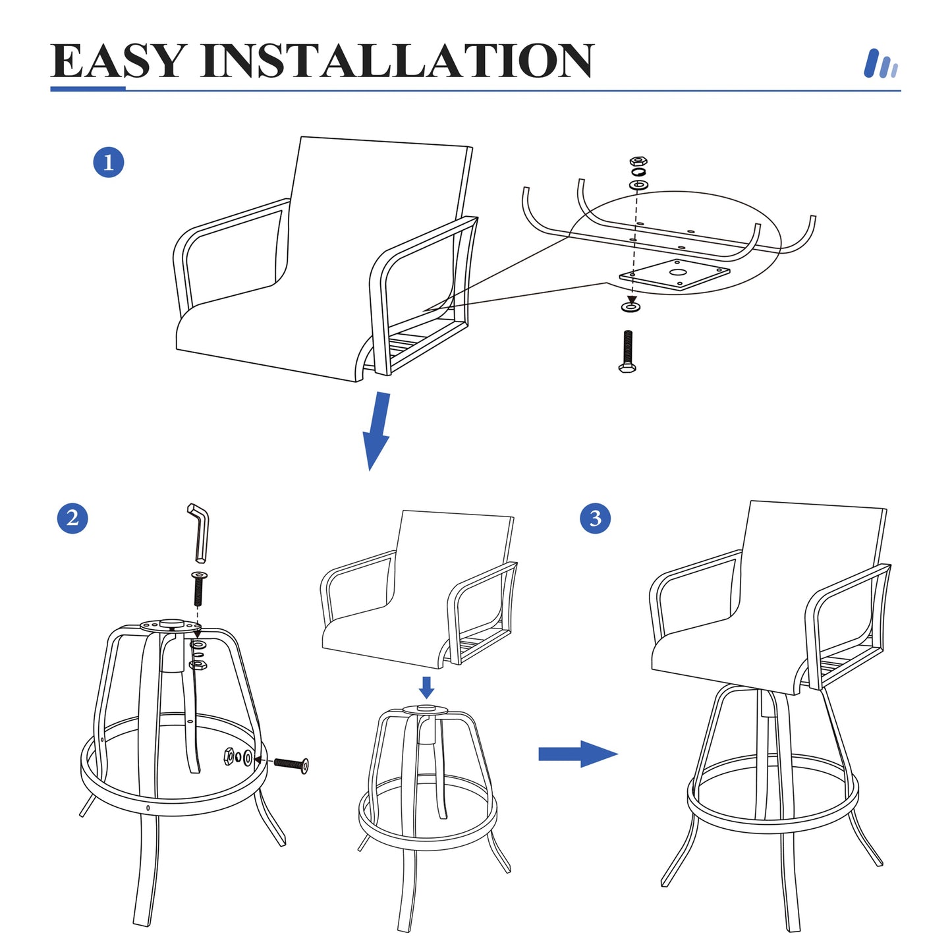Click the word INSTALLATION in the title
point(397,61)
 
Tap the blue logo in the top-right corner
point(880,65)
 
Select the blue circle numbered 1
point(109,162)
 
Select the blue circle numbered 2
point(72,518)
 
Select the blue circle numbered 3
point(595,518)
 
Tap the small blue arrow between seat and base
point(427,687)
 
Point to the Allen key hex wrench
point(199,532)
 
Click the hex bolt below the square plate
point(627,352)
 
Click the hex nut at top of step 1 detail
point(638,161)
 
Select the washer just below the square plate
point(631,307)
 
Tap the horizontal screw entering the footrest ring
point(291,764)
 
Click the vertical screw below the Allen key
point(198,588)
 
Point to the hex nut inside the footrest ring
point(229,757)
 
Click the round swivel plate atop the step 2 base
point(170,625)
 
